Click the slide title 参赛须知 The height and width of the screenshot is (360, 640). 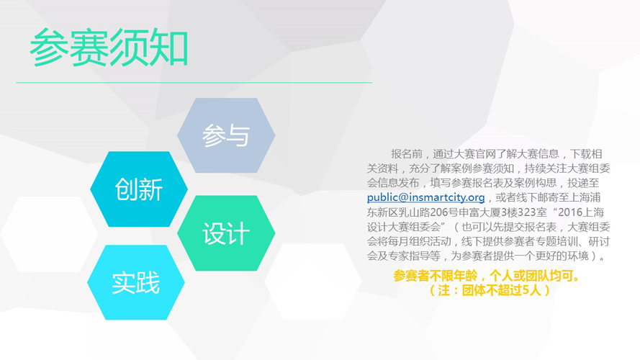109,48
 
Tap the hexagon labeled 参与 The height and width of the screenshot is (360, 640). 226,135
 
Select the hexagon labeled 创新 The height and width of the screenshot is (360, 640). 139,189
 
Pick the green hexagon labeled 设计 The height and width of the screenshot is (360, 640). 226,233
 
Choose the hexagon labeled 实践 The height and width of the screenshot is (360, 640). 136,282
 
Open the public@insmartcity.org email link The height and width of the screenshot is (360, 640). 425,197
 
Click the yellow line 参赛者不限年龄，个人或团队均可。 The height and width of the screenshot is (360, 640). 487,276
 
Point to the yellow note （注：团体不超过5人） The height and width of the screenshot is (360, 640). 490,290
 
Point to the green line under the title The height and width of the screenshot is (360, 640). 194,83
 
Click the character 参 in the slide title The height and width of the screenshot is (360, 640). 49,48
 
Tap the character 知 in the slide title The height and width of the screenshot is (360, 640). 169,48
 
